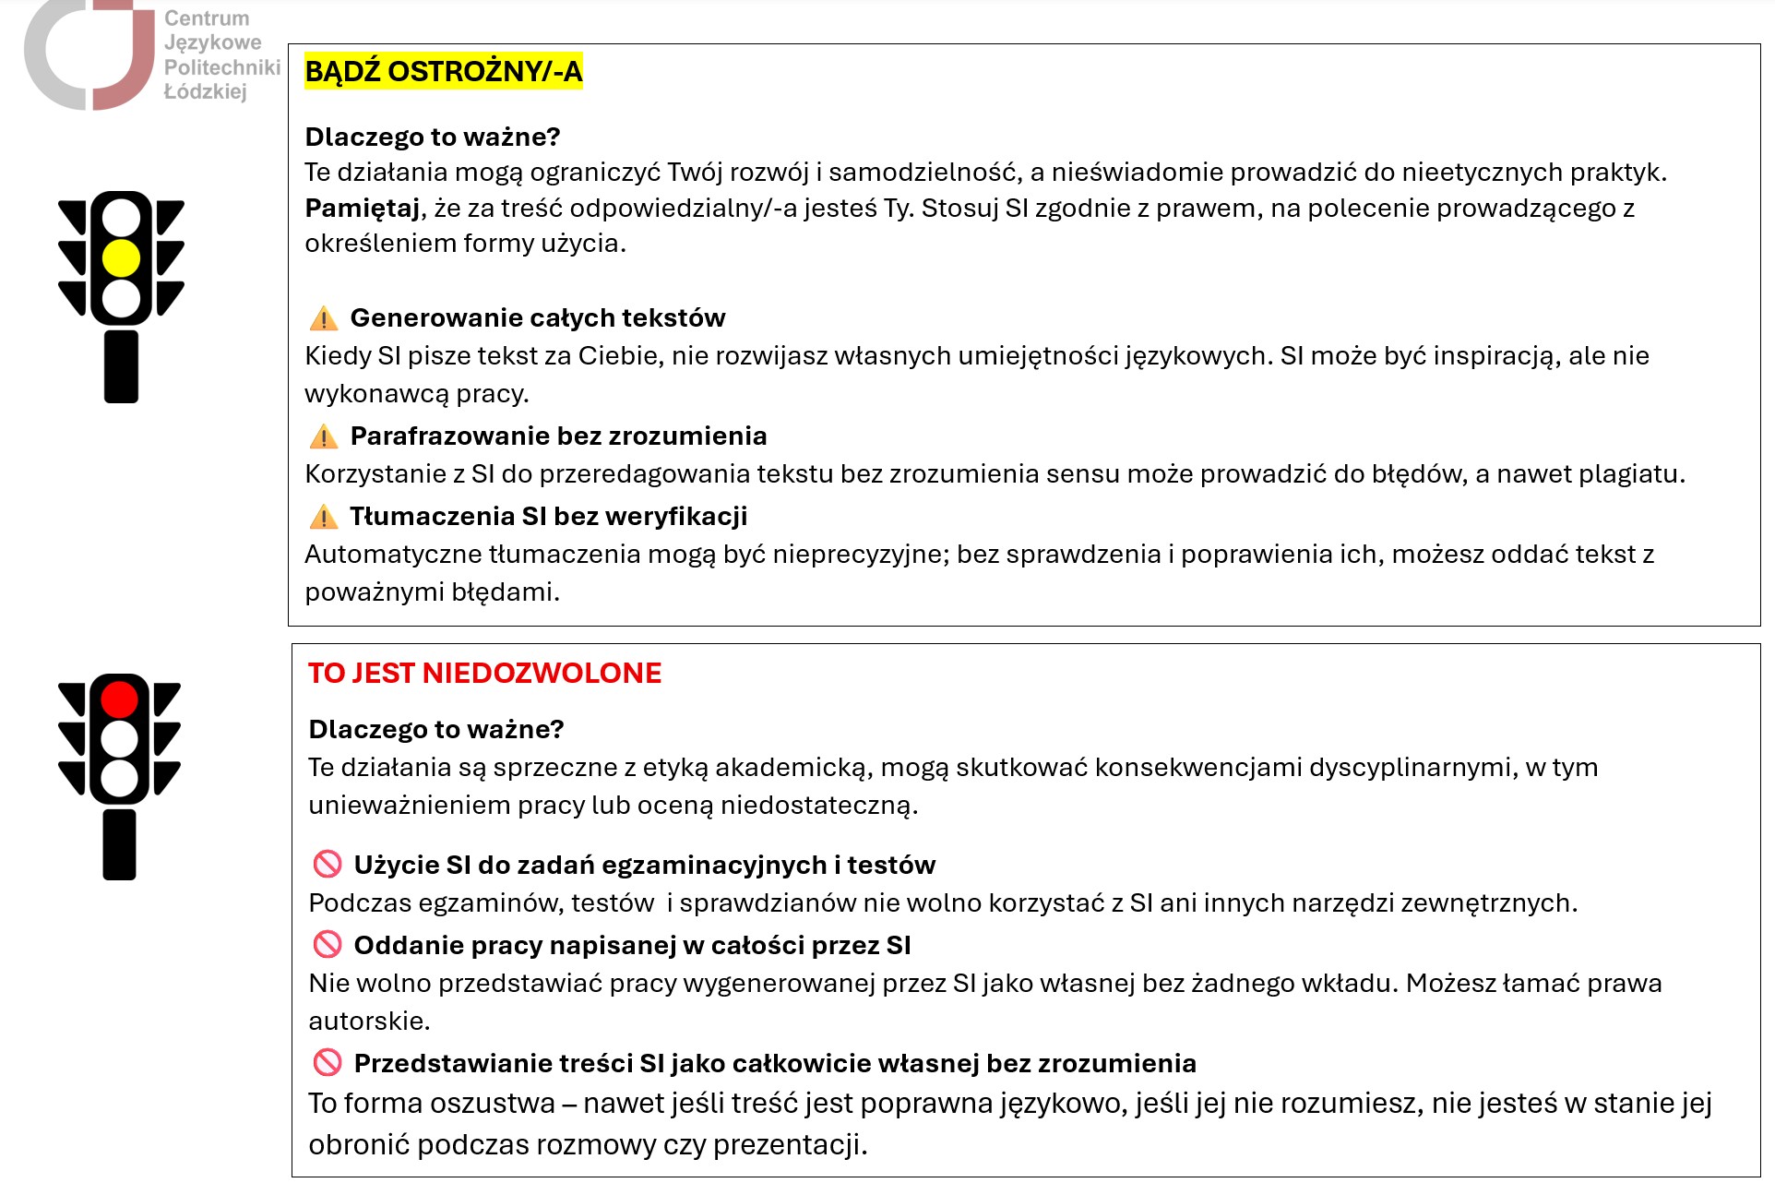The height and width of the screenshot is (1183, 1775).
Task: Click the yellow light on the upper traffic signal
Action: (x=121, y=258)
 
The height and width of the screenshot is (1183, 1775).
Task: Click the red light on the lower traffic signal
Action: (x=119, y=699)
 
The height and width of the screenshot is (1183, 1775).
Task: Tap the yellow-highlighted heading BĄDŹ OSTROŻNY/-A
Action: (x=443, y=71)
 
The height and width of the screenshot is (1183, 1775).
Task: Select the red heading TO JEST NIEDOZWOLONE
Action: (x=484, y=673)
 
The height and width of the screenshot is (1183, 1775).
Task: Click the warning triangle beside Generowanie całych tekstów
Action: (x=324, y=318)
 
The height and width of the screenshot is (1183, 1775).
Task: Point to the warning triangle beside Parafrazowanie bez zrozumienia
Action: (x=324, y=436)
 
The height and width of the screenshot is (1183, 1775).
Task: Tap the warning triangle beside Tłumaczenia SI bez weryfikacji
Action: (x=324, y=517)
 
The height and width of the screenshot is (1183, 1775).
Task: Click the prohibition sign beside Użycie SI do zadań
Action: (x=328, y=865)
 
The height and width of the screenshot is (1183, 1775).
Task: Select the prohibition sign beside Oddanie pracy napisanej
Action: (x=328, y=945)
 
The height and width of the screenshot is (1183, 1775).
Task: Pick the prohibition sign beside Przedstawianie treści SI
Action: (x=328, y=1063)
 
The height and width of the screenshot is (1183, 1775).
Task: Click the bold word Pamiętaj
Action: (x=363, y=209)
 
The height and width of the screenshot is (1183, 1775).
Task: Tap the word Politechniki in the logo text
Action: (x=222, y=67)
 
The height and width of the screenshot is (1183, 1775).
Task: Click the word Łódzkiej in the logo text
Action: (x=205, y=91)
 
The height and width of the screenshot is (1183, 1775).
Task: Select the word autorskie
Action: (x=368, y=1022)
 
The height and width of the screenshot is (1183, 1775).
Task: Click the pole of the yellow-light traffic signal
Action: (x=121, y=366)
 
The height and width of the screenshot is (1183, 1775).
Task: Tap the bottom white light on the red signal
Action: (x=119, y=778)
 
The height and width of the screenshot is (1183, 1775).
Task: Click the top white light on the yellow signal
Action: (x=121, y=219)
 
